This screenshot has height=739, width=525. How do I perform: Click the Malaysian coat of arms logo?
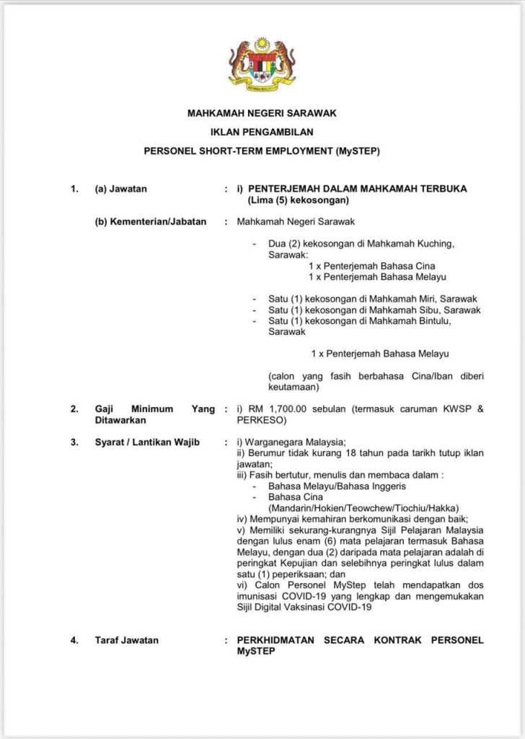pyautogui.click(x=262, y=64)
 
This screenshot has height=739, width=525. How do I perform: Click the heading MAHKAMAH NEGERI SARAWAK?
pyautogui.click(x=262, y=113)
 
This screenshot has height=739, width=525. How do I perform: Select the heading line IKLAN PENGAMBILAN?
pyautogui.click(x=262, y=132)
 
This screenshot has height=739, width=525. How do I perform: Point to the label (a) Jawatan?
pyautogui.click(x=120, y=189)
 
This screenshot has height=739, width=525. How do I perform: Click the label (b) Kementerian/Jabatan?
pyautogui.click(x=151, y=222)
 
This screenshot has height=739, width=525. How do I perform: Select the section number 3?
pyautogui.click(x=74, y=442)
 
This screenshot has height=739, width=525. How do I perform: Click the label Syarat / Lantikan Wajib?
pyautogui.click(x=147, y=442)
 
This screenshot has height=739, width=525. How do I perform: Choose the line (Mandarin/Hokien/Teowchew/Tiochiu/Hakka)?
pyautogui.click(x=363, y=508)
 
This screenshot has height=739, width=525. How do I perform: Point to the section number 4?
pyautogui.click(x=74, y=640)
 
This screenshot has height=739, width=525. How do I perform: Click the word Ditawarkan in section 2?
pyautogui.click(x=120, y=420)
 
